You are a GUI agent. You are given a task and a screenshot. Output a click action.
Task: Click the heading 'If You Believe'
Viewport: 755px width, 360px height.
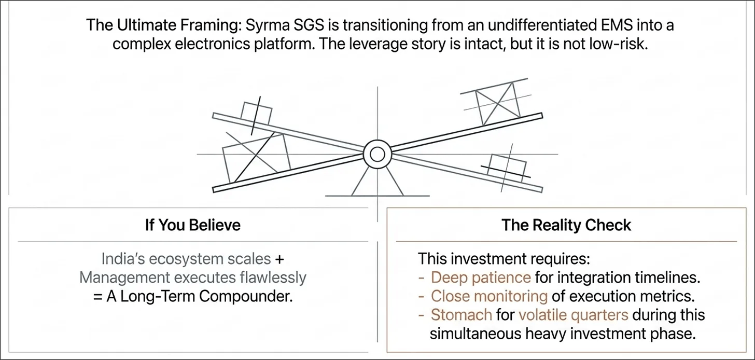(193, 225)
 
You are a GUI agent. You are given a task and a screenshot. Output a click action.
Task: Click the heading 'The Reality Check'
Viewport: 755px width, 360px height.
(566, 225)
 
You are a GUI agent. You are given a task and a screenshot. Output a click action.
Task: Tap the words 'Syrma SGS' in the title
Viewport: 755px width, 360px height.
(285, 25)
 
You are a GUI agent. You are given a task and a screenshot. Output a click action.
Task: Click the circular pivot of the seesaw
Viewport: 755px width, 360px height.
(378, 155)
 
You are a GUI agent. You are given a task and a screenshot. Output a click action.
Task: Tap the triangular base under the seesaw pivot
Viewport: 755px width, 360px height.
(378, 182)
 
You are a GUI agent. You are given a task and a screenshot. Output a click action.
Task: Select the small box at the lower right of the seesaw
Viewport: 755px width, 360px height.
(507, 168)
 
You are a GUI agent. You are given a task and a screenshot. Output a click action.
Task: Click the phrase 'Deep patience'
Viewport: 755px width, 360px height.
(481, 278)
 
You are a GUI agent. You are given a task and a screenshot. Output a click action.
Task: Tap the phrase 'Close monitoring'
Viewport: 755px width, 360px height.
(489, 296)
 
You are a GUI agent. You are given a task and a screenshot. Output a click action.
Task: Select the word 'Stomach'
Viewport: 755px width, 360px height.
(462, 315)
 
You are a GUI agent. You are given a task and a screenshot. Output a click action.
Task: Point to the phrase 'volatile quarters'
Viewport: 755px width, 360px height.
(574, 315)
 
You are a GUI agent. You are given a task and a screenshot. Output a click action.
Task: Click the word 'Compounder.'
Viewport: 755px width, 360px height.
(246, 297)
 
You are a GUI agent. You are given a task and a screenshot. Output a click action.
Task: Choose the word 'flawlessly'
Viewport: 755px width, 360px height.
(273, 278)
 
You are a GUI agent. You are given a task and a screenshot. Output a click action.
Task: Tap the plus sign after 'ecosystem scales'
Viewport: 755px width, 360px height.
(279, 259)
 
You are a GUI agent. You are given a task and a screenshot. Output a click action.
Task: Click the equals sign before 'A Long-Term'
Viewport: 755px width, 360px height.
(97, 297)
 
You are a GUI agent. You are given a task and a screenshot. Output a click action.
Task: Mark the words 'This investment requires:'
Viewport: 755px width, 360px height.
(504, 259)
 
